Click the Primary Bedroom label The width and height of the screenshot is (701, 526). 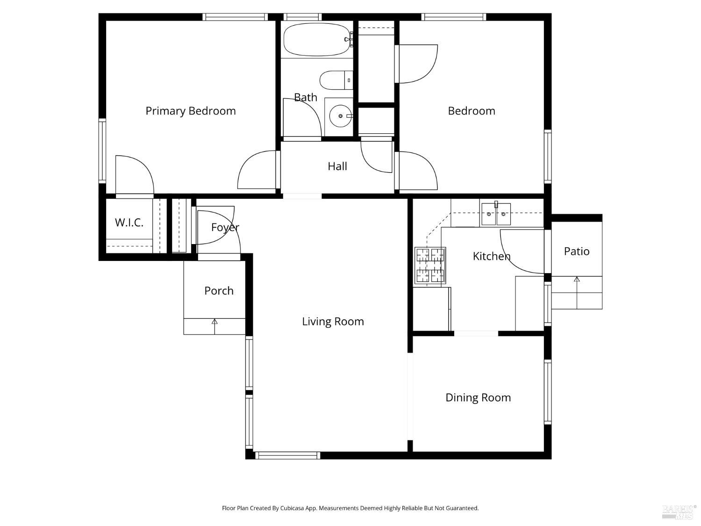click(190, 111)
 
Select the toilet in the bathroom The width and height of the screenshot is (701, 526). click(336, 80)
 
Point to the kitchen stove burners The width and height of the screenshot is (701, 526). click(430, 266)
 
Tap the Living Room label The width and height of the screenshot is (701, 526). click(333, 322)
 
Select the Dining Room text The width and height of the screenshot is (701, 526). click(478, 397)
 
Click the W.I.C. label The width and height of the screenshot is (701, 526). click(129, 223)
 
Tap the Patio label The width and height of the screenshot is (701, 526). click(576, 252)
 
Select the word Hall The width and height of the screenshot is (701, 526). click(337, 166)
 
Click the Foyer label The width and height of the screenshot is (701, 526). click(225, 227)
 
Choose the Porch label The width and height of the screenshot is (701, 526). click(219, 291)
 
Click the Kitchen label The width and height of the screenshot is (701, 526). click(491, 256)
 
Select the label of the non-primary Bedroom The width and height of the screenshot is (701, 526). click(471, 111)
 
